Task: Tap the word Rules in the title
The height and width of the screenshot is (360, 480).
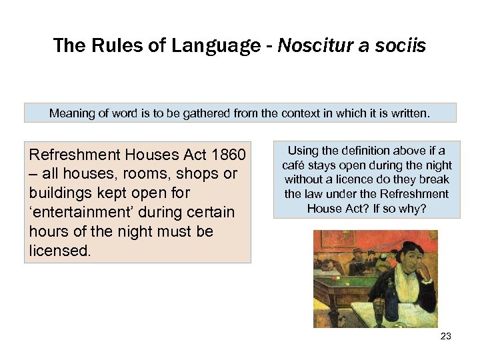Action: [x=111, y=45]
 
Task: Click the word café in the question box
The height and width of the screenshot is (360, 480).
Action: [x=293, y=165]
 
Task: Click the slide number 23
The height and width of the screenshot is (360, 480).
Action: [x=446, y=336]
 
